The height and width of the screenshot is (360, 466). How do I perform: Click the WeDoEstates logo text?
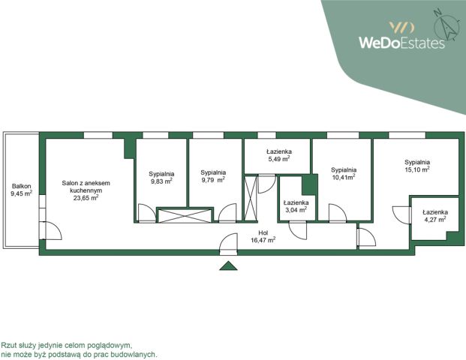pos(401,43)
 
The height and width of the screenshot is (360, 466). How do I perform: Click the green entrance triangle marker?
pos(228,265)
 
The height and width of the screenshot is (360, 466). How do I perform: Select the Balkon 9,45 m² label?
pos(22,190)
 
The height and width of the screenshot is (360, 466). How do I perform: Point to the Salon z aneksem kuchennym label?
pos(86,190)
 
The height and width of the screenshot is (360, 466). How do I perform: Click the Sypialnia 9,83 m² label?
pos(161,178)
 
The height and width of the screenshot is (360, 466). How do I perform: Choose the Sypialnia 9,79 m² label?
pos(213,176)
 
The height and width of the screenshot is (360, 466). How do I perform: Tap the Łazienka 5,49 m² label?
pos(278,155)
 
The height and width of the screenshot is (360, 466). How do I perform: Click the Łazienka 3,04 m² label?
pos(296,206)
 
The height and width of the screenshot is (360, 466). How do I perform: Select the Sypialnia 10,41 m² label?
pos(344,173)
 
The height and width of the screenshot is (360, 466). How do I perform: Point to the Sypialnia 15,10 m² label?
pos(417,166)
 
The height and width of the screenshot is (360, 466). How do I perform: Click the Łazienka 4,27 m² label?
pos(435,216)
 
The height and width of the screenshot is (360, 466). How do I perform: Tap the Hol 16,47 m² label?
pos(263,236)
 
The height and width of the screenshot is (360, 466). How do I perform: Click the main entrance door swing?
pos(229,244)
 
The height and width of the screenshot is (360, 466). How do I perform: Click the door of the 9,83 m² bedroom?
pos(147,213)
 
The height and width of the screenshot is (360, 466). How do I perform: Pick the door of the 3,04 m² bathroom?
pos(298,230)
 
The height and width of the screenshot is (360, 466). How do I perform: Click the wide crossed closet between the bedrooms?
pos(185,216)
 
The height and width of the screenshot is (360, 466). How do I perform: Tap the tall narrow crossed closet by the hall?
pos(250,198)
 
